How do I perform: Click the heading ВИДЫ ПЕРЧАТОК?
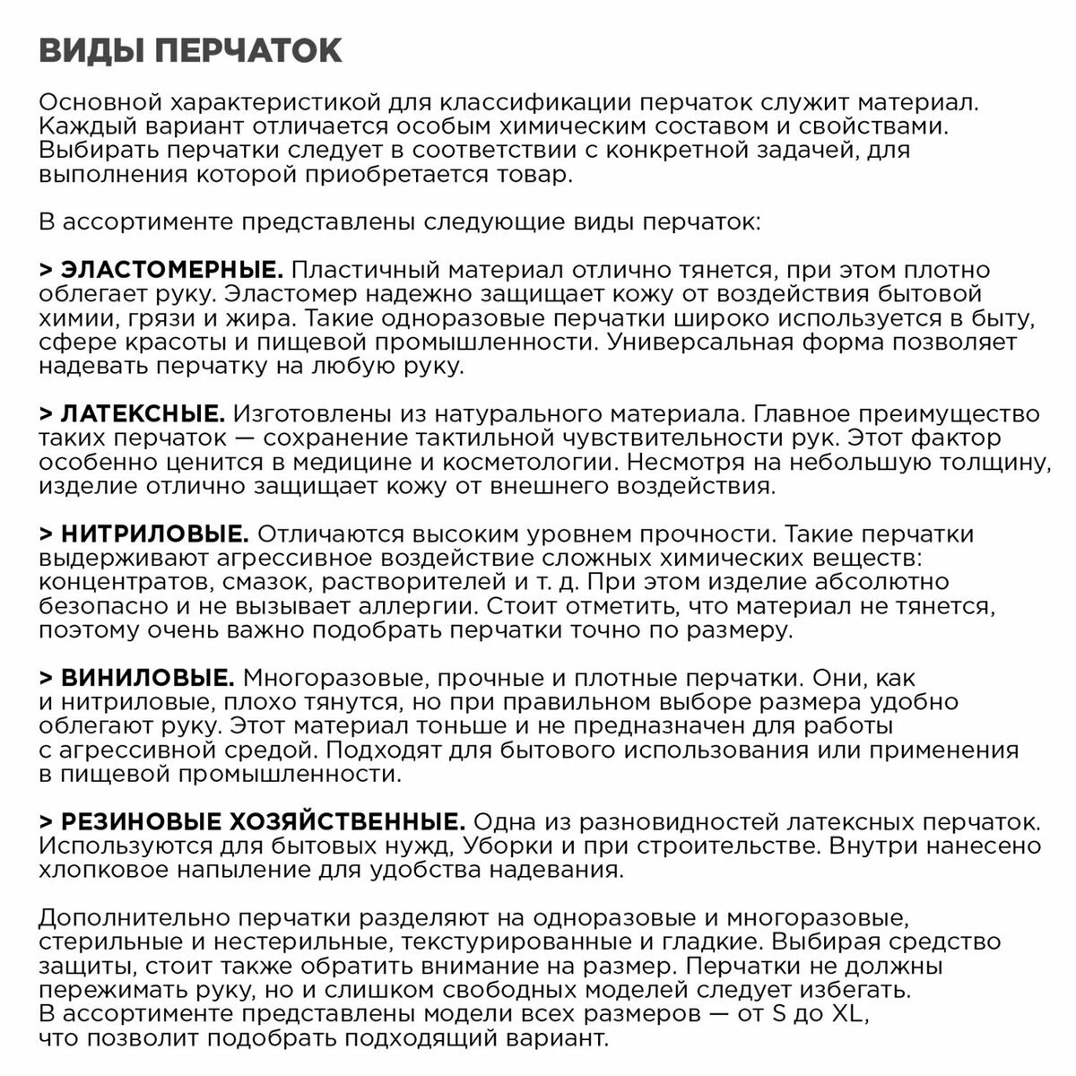pos(190,51)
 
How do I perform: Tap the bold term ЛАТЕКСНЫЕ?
pos(143,414)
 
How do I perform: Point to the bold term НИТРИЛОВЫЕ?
pos(154,534)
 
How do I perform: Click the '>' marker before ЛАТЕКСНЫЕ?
pos(47,414)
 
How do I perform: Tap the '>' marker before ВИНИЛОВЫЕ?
pos(47,678)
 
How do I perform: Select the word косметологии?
pos(524,463)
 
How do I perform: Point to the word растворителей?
pos(386,583)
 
